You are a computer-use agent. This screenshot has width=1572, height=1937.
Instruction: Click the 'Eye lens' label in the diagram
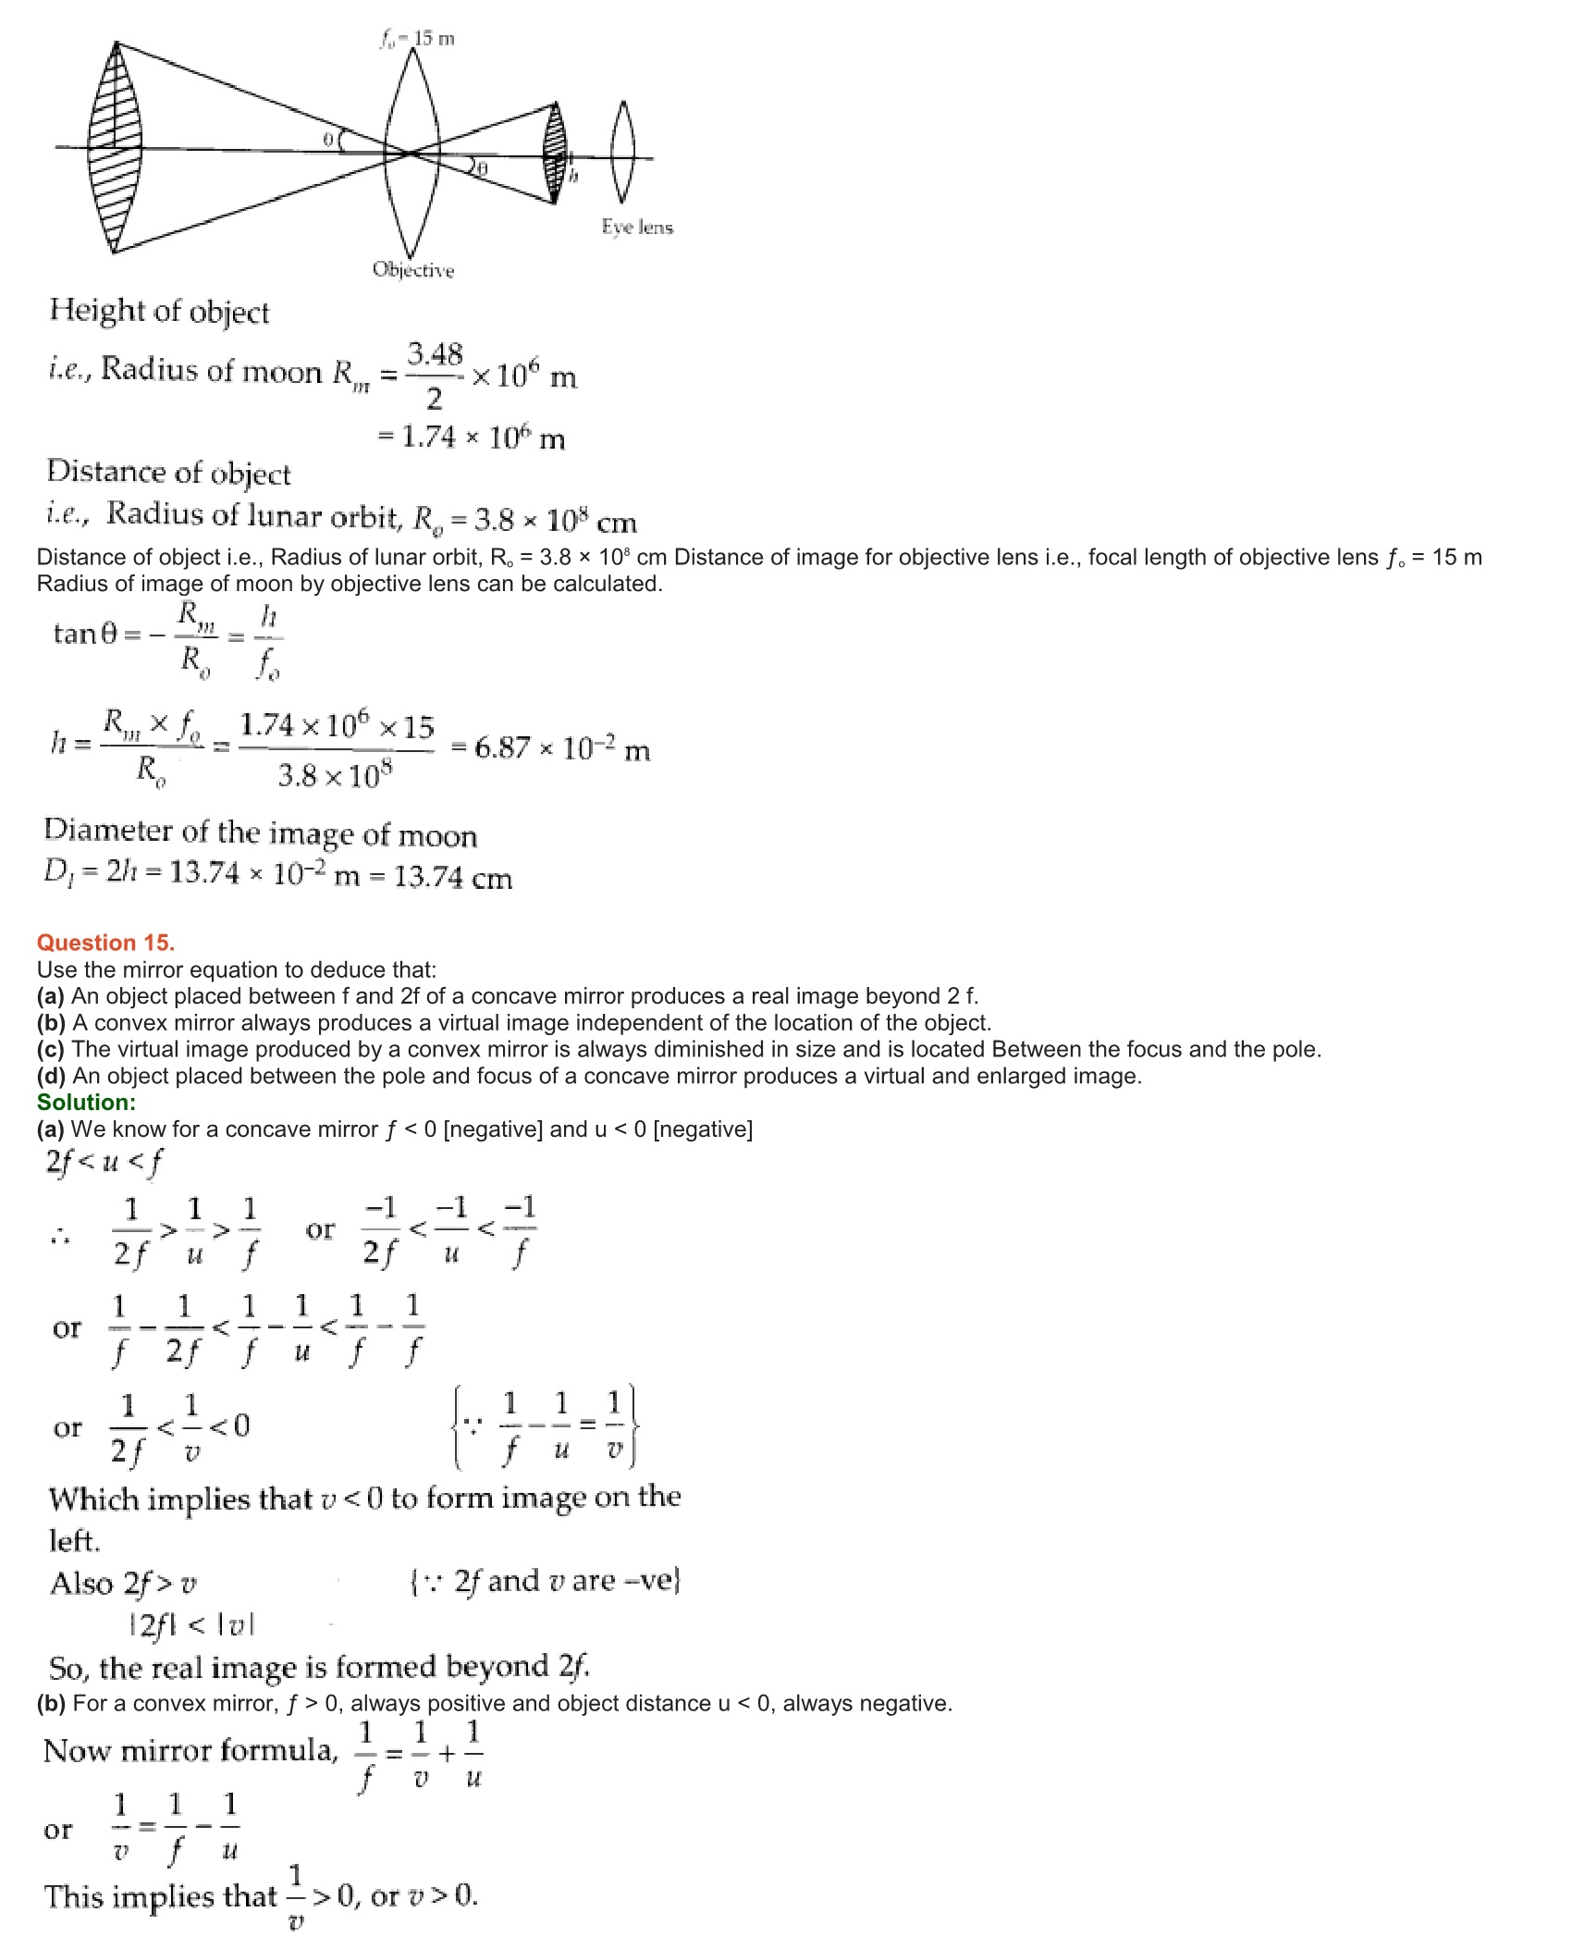[637, 228]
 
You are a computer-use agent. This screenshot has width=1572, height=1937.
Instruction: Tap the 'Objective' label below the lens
[413, 270]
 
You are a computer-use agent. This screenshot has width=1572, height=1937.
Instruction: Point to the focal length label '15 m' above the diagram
[433, 39]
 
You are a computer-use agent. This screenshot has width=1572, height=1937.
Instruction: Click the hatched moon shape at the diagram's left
[115, 148]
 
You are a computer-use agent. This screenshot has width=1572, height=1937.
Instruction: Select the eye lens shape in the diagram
[621, 152]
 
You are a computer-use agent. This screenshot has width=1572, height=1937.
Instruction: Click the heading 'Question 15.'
[105, 943]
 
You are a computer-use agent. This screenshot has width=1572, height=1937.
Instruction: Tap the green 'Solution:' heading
[86, 1102]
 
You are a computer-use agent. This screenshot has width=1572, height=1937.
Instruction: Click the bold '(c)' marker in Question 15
[51, 1049]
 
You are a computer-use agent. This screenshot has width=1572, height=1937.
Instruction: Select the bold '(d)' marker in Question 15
[52, 1076]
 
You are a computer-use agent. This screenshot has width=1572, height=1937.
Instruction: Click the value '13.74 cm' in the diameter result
[453, 877]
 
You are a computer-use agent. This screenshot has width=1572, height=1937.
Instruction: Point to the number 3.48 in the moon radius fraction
[435, 354]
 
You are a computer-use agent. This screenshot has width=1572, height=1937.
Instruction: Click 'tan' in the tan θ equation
[75, 634]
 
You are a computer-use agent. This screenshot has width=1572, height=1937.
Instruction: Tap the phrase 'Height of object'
[159, 312]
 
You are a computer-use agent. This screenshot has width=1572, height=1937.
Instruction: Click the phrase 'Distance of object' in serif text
[168, 473]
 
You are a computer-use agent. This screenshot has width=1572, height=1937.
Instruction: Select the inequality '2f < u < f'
[104, 1162]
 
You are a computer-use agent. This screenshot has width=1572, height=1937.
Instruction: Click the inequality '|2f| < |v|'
[191, 1624]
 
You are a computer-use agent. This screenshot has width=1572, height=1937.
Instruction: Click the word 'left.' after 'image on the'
[74, 1541]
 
